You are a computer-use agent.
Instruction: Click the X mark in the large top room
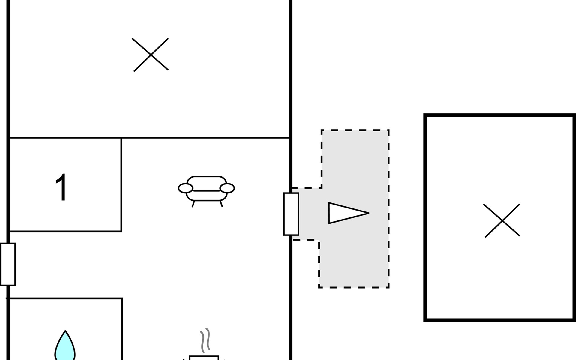point(151,55)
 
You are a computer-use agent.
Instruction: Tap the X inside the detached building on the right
point(502,221)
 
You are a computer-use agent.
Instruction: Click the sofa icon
point(206,191)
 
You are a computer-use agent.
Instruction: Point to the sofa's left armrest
point(185,188)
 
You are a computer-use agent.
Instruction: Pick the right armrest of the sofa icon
point(227,188)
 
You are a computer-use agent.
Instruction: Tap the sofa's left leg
point(193,204)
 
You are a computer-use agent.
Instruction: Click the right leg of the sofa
point(221,204)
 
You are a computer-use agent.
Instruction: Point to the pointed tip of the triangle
point(369,213)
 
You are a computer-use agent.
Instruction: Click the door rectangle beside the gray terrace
point(291,214)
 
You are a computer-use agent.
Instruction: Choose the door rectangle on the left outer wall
point(8,264)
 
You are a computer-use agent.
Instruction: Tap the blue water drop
point(65,346)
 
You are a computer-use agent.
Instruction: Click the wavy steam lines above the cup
point(205,340)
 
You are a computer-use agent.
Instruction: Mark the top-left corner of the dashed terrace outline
point(322,130)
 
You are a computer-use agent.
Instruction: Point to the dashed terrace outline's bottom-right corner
point(389,287)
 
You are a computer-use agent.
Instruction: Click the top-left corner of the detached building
point(425,115)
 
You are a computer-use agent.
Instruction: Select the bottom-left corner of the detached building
point(425,320)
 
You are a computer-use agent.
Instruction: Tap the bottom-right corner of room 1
point(121,231)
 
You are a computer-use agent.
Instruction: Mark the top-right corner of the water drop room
point(122,298)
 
